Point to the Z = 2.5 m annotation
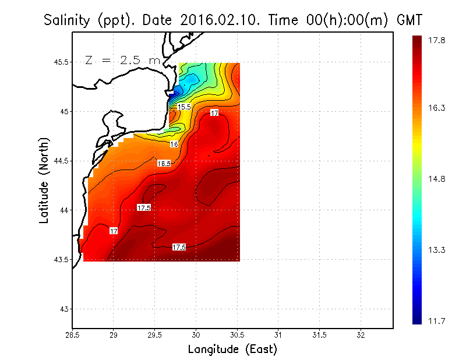pyautogui.click(x=122, y=60)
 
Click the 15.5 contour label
pyautogui.click(x=184, y=107)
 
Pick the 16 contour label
pyautogui.click(x=174, y=144)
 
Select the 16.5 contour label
pyautogui.click(x=164, y=164)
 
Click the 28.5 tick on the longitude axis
pyautogui.click(x=73, y=335)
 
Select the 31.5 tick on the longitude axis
pyautogui.click(x=319, y=335)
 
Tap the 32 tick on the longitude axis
pyautogui.click(x=361, y=335)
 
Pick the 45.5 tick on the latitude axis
pyautogui.click(x=61, y=62)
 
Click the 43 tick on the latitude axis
pyautogui.click(x=64, y=309)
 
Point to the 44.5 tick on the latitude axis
pyautogui.click(x=61, y=161)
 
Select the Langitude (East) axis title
pyautogui.click(x=232, y=350)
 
